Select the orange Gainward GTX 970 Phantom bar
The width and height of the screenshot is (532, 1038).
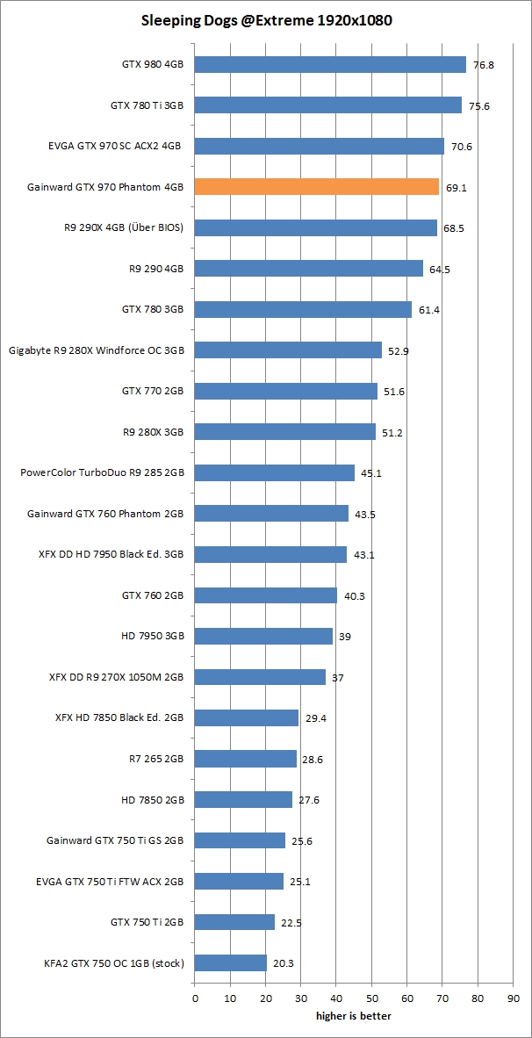click(316, 187)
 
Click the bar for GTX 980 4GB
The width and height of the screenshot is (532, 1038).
click(330, 64)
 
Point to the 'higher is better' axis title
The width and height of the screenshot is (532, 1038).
click(354, 1016)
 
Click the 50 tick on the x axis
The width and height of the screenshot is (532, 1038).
click(371, 998)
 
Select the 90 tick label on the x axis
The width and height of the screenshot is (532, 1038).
click(513, 998)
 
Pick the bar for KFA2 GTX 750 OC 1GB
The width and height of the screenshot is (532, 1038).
click(230, 963)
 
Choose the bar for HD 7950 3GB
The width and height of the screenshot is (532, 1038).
click(263, 636)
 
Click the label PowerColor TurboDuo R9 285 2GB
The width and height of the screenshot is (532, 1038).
click(102, 472)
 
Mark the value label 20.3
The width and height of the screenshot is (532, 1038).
click(284, 963)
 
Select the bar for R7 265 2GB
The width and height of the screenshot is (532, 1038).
click(245, 759)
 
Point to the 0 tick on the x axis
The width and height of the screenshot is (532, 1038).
click(195, 998)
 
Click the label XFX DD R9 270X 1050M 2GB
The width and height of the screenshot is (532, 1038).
click(116, 677)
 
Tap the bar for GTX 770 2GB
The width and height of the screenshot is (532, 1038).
click(285, 391)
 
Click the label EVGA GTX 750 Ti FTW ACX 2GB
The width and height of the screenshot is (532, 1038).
click(109, 881)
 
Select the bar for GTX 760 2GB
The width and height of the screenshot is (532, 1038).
click(265, 595)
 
